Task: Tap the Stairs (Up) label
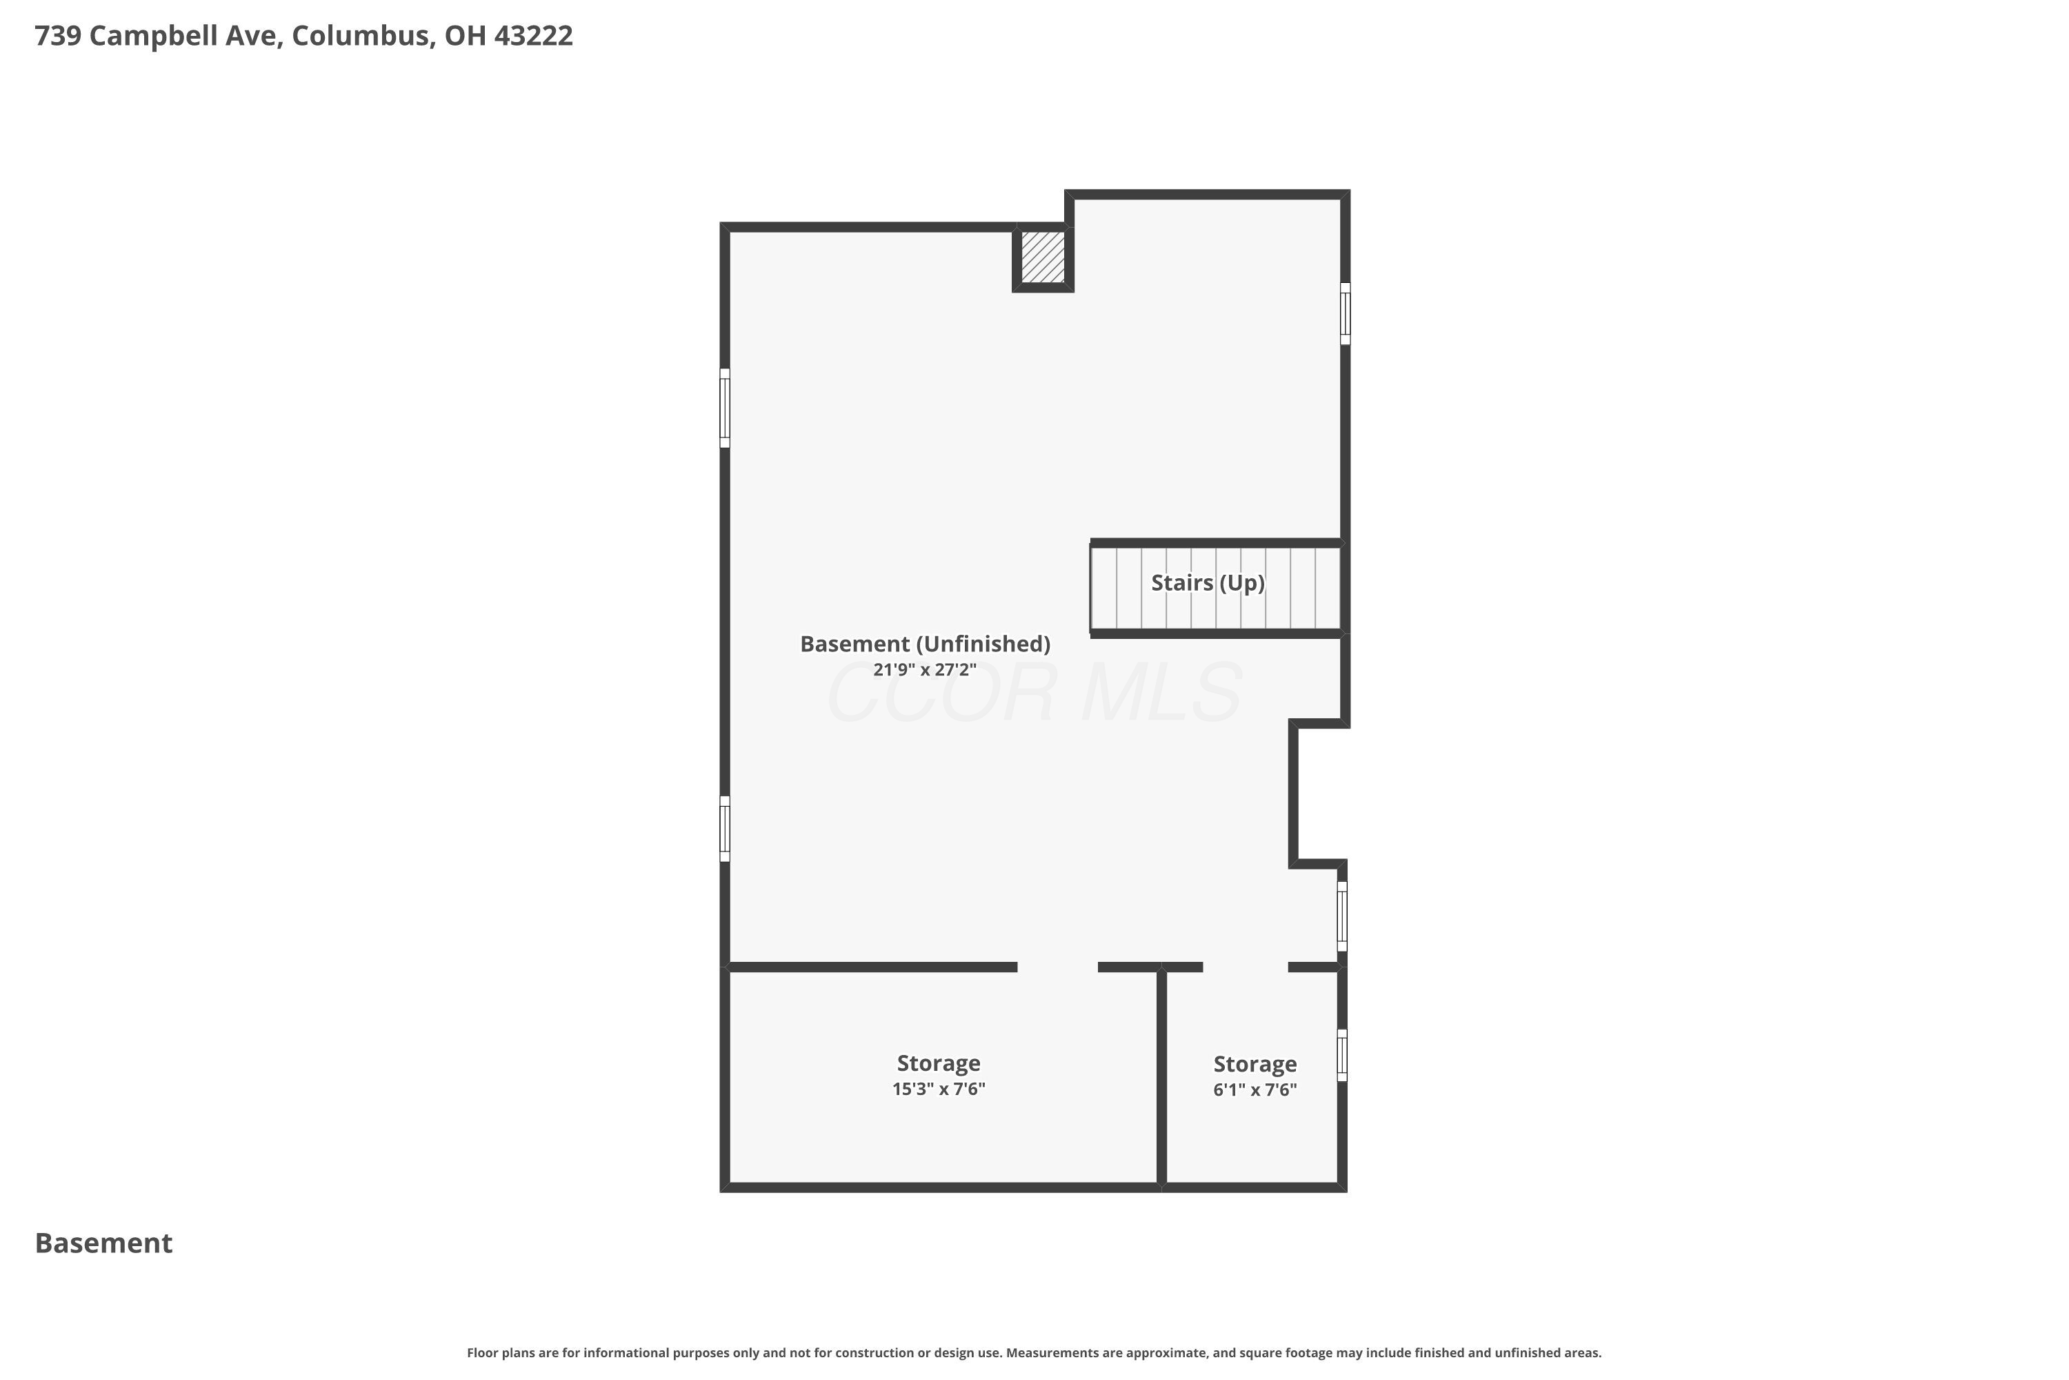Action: (1208, 582)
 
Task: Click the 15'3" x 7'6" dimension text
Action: (939, 1089)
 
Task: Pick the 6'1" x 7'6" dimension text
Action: (1255, 1090)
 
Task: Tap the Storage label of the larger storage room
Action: (939, 1063)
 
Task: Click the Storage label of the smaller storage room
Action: (1255, 1064)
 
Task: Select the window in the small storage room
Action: (1342, 1054)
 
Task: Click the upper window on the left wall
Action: (725, 408)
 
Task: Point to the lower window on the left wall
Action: (725, 829)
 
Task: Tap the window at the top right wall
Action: (1345, 313)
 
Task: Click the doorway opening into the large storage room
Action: (1057, 967)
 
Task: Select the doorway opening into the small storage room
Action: (1246, 967)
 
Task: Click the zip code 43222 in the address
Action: (533, 35)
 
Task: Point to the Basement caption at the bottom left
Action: (104, 1243)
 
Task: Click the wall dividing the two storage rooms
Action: (1161, 1077)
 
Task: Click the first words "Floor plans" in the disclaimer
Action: (498, 1352)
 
